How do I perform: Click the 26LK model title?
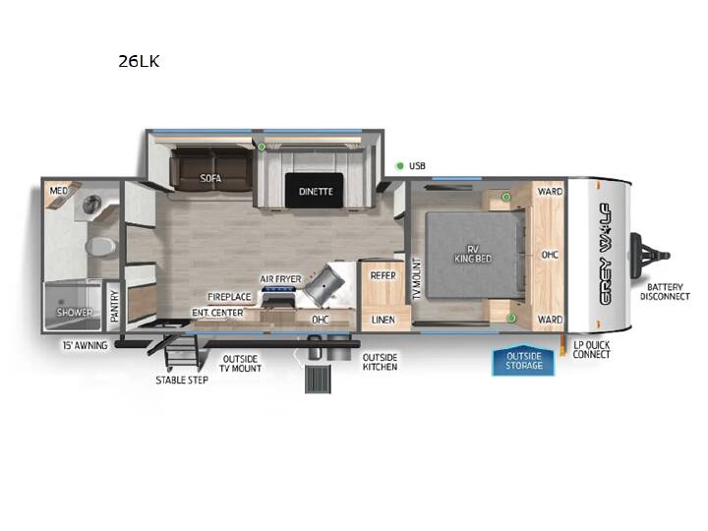pyautogui.click(x=139, y=61)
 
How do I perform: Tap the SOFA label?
pyautogui.click(x=210, y=178)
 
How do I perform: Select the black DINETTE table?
pyautogui.click(x=315, y=191)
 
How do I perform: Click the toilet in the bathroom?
pyautogui.click(x=100, y=247)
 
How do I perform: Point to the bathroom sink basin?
pyautogui.click(x=92, y=205)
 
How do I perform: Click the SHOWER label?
pyautogui.click(x=75, y=312)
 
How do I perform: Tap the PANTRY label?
pyautogui.click(x=114, y=306)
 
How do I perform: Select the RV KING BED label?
pyautogui.click(x=473, y=255)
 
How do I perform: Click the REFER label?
pyautogui.click(x=383, y=275)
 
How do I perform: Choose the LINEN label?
pyautogui.click(x=383, y=320)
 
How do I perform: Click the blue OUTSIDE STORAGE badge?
pyautogui.click(x=523, y=361)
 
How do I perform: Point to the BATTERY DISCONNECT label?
pyautogui.click(x=665, y=292)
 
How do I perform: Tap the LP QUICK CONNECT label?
pyautogui.click(x=592, y=349)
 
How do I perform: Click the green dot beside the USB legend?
pyautogui.click(x=399, y=166)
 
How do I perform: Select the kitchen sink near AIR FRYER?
pyautogui.click(x=325, y=285)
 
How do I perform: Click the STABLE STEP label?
pyautogui.click(x=182, y=381)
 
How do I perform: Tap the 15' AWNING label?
pyautogui.click(x=86, y=345)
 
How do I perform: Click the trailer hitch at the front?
pyautogui.click(x=650, y=256)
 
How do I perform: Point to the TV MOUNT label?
pyautogui.click(x=417, y=279)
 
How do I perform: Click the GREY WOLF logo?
pyautogui.click(x=605, y=255)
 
